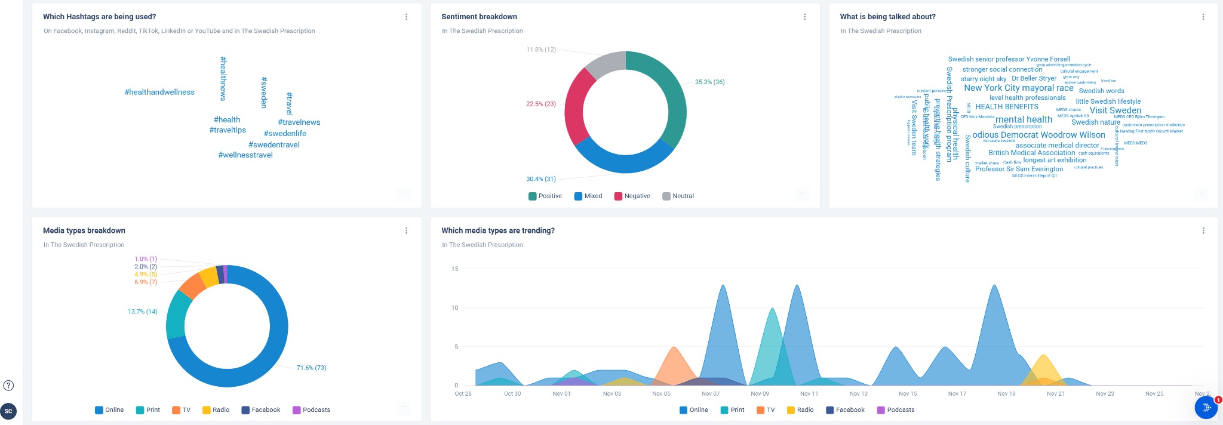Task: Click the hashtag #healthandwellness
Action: [x=159, y=92]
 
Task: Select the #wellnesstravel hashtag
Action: [x=245, y=155]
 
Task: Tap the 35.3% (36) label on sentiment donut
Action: [x=709, y=82]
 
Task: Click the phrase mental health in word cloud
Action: [x=1024, y=119]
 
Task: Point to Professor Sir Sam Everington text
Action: [x=1019, y=169]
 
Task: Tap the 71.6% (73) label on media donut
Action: [x=311, y=368]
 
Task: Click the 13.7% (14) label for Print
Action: [x=142, y=312]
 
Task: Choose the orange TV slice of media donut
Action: [x=192, y=286]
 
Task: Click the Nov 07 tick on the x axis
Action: [x=711, y=394]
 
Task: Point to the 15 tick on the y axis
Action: [x=455, y=269]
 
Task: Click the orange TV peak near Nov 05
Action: [x=674, y=358]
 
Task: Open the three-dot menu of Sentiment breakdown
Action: [x=804, y=17]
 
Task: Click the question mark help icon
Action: [x=8, y=385]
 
